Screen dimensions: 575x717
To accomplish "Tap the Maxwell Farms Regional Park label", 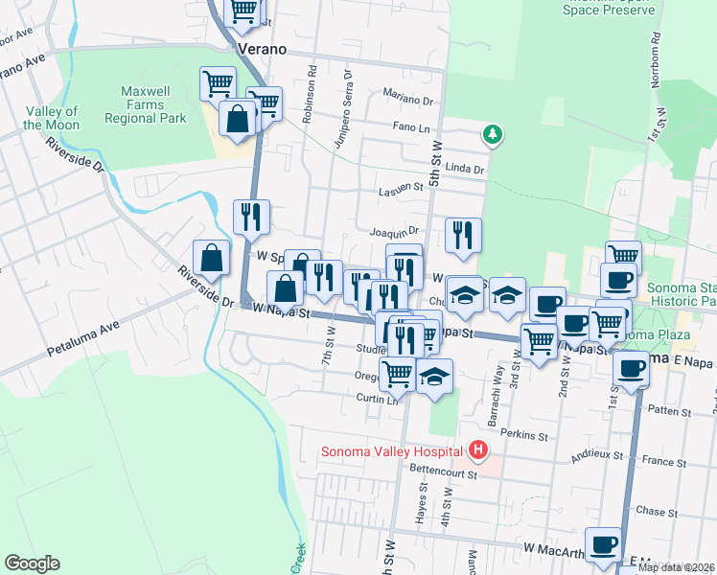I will point(150,104).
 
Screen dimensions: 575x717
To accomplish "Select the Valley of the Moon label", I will point(51,118).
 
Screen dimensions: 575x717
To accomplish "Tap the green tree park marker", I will point(492,134).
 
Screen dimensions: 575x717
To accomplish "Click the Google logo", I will point(32,563).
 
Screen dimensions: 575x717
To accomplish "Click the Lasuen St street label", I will point(400,189).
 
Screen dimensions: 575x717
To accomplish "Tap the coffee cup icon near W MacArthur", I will point(603,544).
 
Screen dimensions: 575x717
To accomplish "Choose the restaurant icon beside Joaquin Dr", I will point(463,235).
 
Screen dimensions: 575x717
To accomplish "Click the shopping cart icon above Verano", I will point(243,11).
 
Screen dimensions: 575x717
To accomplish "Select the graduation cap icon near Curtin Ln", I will point(434,377).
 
